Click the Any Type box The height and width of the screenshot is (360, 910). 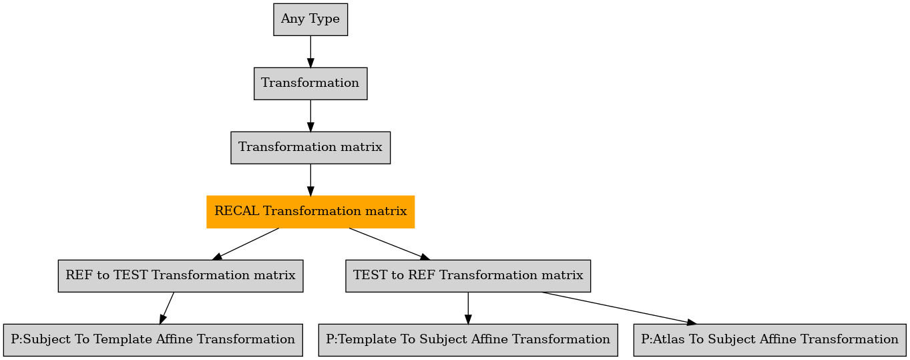310,19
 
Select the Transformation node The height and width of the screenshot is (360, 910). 310,83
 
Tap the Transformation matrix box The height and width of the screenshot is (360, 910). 310,148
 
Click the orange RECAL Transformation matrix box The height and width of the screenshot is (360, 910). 310,212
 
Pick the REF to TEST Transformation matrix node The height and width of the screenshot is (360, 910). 180,276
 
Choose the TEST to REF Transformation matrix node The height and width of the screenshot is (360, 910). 468,276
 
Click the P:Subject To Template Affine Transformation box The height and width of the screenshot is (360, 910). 153,340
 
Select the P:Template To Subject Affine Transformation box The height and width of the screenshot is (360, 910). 468,340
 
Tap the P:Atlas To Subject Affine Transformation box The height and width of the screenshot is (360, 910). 770,340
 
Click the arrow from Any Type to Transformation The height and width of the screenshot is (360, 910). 310,51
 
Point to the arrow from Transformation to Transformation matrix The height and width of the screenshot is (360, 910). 310,116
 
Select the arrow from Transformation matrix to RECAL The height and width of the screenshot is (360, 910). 310,180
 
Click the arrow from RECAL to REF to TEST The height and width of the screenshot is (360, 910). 246,244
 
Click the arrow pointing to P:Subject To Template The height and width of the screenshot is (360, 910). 166,308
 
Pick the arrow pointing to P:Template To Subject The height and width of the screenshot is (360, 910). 468,308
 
